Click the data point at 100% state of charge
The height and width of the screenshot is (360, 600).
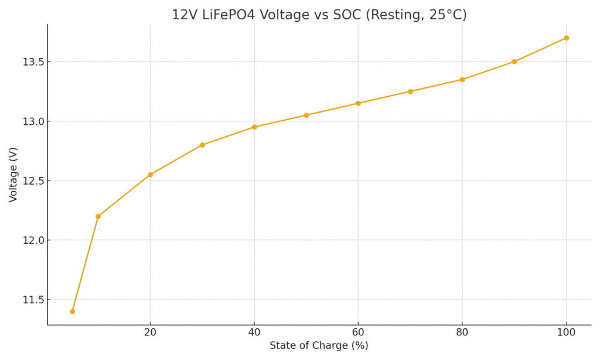(x=566, y=38)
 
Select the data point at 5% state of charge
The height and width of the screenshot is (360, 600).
(x=72, y=311)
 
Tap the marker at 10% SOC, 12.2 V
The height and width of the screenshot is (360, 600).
(x=98, y=216)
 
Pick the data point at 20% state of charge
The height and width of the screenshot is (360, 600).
(x=150, y=175)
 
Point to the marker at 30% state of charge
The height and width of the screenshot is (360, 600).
(x=202, y=145)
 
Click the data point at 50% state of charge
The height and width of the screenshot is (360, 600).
(x=306, y=115)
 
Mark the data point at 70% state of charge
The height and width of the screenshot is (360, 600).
(x=410, y=91)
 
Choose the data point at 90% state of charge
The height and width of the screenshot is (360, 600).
(x=514, y=62)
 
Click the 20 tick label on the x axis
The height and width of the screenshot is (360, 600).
(x=150, y=332)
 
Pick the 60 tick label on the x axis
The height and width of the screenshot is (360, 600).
(x=358, y=332)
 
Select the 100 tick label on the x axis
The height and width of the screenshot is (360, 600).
(x=566, y=332)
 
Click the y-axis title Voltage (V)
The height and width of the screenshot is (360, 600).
(x=13, y=175)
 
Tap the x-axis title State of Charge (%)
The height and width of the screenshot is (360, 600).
(x=319, y=346)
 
